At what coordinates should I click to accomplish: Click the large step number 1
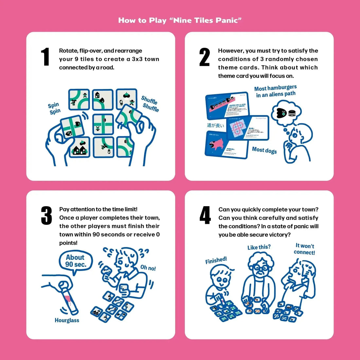[45, 57]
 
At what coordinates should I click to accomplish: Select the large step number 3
[46, 216]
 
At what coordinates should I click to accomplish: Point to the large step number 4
[205, 216]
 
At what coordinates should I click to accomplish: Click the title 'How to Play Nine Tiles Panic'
[180, 20]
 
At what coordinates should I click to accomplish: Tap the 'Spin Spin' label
[54, 108]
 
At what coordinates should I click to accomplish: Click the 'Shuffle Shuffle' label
[150, 104]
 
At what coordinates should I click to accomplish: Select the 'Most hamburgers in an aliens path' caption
[276, 91]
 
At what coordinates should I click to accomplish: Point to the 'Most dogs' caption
[264, 150]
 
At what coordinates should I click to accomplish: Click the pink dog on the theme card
[216, 144]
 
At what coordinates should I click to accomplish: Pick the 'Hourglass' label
[67, 320]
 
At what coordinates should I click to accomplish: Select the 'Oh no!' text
[148, 268]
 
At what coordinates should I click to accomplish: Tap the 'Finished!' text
[216, 261]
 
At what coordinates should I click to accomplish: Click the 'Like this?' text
[259, 247]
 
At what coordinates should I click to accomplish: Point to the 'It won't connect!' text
[304, 249]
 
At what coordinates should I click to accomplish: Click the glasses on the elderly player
[261, 267]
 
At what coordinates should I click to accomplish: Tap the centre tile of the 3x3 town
[103, 124]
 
